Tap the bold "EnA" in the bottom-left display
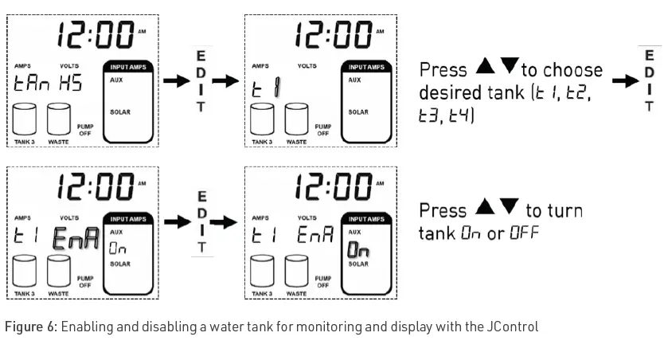pyautogui.click(x=76, y=236)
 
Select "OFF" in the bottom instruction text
pyautogui.click(x=524, y=233)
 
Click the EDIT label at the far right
pyautogui.click(x=650, y=80)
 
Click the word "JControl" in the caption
pyautogui.click(x=513, y=327)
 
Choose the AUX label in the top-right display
pyautogui.click(x=354, y=80)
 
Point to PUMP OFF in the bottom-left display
pyautogui.click(x=84, y=281)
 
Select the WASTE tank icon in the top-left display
pyautogui.click(x=59, y=119)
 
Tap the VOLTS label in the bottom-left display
pyautogui.click(x=68, y=217)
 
